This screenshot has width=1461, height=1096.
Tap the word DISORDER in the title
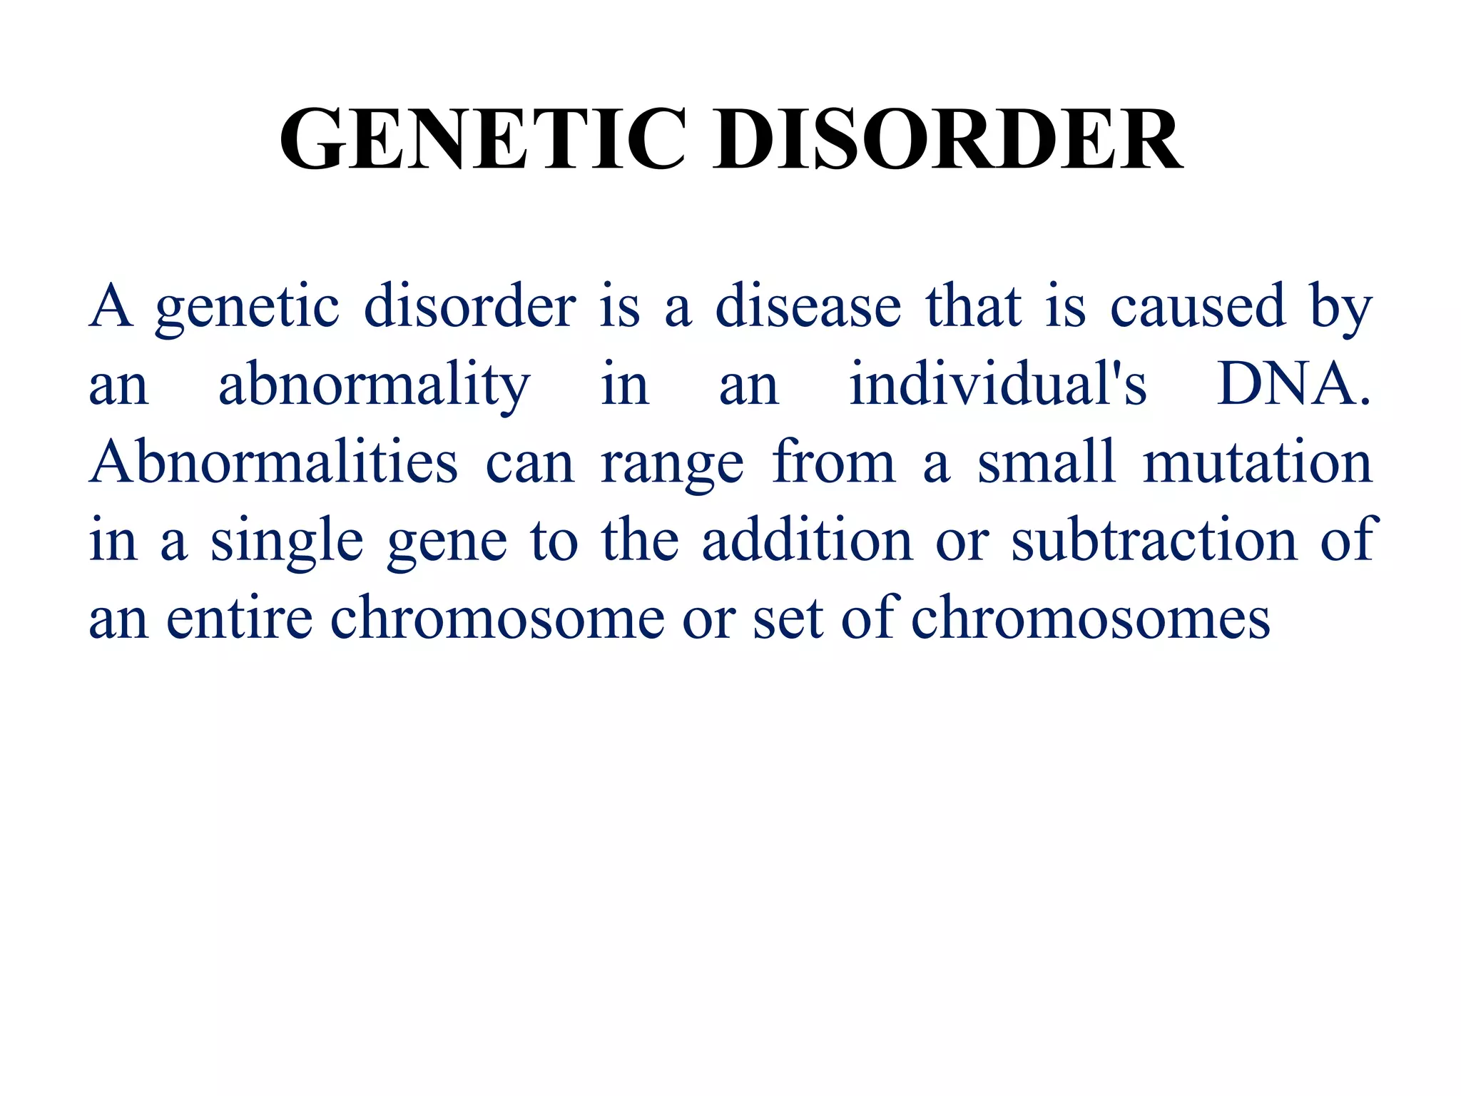(948, 138)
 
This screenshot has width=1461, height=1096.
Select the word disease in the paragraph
(808, 307)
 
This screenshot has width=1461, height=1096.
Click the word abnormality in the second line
(374, 386)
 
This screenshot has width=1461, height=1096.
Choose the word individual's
(998, 385)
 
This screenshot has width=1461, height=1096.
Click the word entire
(239, 618)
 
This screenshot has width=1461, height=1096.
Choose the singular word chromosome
(497, 618)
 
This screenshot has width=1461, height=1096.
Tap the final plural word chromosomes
(1091, 618)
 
